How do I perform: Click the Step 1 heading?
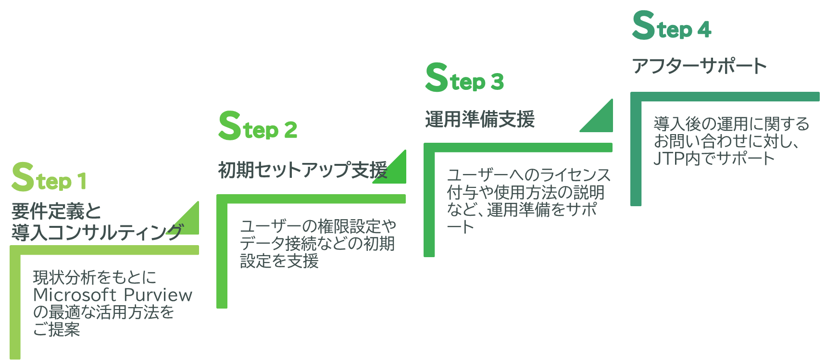tap(49, 178)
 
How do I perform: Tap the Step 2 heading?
tap(258, 126)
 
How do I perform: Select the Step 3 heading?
tap(464, 78)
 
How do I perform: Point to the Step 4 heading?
tap(671, 26)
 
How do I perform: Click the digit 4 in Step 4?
tap(704, 30)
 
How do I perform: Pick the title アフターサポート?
tap(699, 66)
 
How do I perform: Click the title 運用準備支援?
tap(479, 119)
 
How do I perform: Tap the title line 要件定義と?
tap(56, 211)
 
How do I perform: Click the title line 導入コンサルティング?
tap(96, 233)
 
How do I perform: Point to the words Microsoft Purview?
tap(113, 295)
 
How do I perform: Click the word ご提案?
tap(56, 330)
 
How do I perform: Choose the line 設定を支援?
tap(279, 261)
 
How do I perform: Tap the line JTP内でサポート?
tap(714, 159)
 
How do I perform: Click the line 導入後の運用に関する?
tap(731, 124)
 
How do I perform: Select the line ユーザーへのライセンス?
tap(529, 175)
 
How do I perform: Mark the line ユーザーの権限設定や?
tap(318, 226)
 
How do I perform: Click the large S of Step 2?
tap(229, 126)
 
